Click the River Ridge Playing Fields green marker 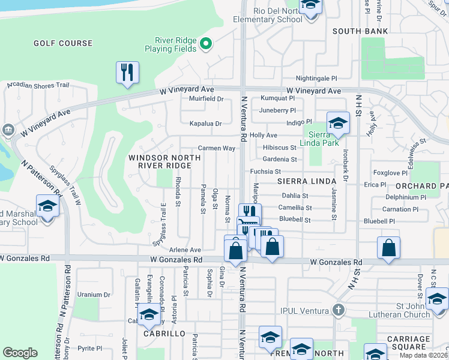(x=206, y=43)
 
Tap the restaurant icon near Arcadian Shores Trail (x=127, y=73)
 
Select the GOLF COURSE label (x=63, y=43)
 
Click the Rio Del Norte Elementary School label (x=269, y=15)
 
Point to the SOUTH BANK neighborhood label (x=360, y=31)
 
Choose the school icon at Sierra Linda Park (x=338, y=124)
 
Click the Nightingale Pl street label (x=316, y=79)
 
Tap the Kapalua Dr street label (x=206, y=124)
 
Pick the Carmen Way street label (x=216, y=148)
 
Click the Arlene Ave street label (x=185, y=250)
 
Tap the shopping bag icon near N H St (x=389, y=248)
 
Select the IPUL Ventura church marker (x=339, y=310)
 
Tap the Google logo (x=20, y=353)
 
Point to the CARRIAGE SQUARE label (x=408, y=343)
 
